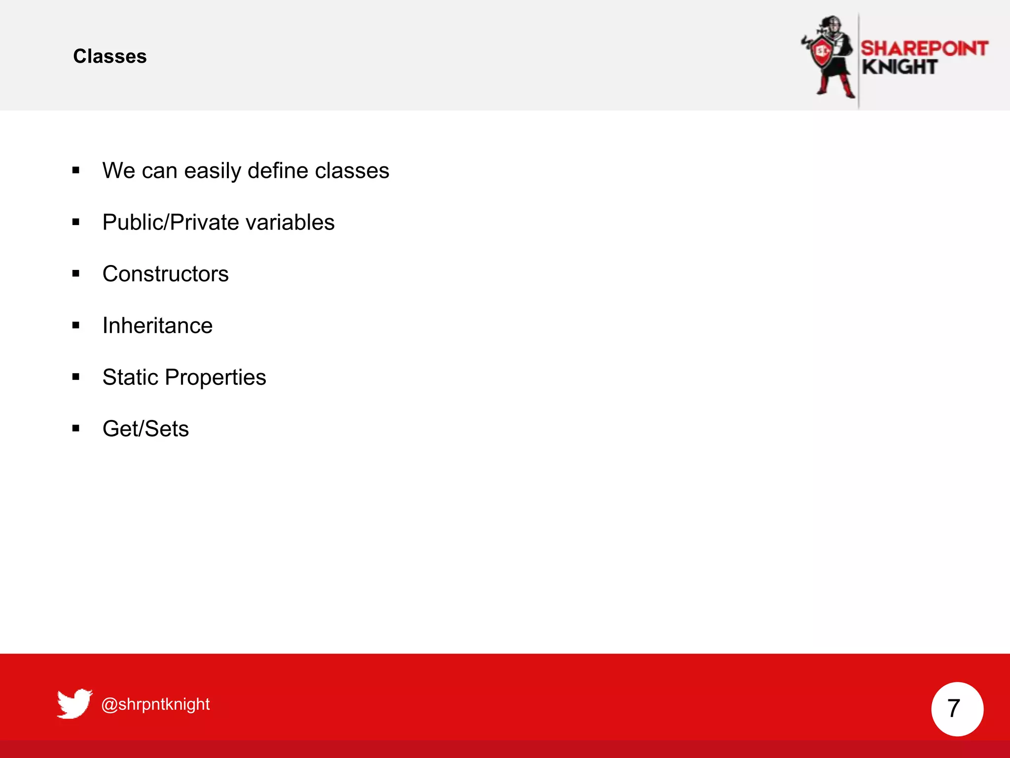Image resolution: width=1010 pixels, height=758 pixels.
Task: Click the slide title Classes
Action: click(x=109, y=56)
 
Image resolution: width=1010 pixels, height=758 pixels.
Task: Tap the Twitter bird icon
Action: click(x=74, y=703)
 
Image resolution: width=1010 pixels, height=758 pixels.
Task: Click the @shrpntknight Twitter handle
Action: click(x=155, y=704)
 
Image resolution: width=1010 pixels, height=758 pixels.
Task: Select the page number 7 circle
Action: click(x=957, y=709)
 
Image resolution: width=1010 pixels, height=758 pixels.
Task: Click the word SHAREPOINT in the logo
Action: click(x=924, y=48)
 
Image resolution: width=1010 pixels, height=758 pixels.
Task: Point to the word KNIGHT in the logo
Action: click(x=899, y=67)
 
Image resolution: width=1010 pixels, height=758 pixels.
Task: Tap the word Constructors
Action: click(x=165, y=274)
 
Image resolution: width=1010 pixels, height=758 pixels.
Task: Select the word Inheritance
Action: click(x=157, y=326)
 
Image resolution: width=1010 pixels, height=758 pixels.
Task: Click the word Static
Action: click(x=130, y=378)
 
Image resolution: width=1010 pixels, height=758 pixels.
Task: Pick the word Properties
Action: click(x=216, y=378)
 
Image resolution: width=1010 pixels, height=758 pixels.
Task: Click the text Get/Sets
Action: click(x=145, y=429)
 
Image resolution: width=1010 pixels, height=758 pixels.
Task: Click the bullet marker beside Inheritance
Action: click(x=75, y=325)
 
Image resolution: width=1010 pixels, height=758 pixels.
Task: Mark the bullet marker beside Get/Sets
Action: click(x=75, y=428)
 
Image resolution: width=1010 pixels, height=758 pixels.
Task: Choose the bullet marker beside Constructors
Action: click(x=75, y=273)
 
